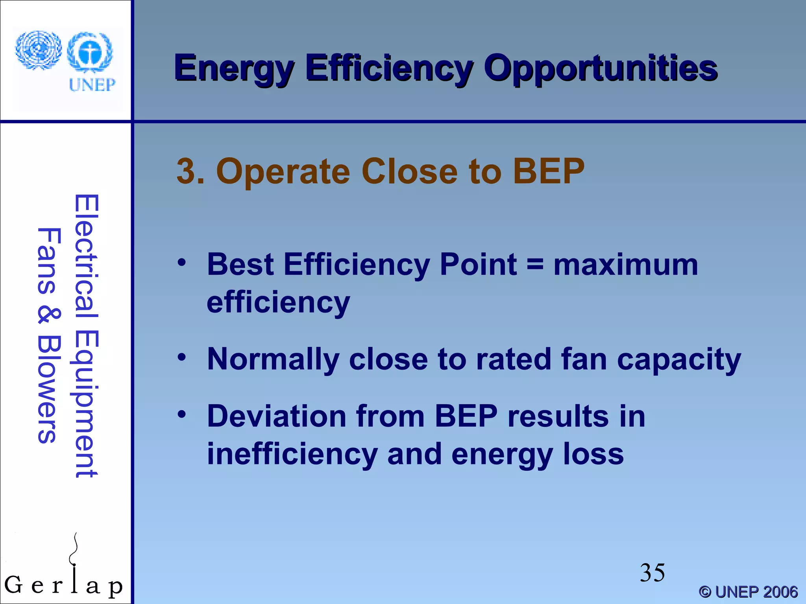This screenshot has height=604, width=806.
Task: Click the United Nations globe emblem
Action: coord(38,50)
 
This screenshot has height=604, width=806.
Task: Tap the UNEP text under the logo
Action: coord(92,85)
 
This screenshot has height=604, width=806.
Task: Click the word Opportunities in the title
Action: coord(601,69)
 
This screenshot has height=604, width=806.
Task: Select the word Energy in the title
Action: coord(234,69)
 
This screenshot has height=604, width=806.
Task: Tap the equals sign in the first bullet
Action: coord(535,264)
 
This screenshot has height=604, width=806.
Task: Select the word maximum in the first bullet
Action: coord(626,265)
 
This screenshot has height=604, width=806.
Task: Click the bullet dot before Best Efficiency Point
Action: coord(181,262)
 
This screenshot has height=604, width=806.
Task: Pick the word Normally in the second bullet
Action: coord(273,359)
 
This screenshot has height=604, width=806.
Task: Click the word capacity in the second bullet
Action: coord(679,359)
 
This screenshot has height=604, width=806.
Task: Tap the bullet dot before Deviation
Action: coord(181,414)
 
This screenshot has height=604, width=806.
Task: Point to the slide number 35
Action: coord(652,573)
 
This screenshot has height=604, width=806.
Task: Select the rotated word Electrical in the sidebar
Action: coord(86,256)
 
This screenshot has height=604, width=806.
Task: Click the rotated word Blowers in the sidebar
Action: coord(49,389)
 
